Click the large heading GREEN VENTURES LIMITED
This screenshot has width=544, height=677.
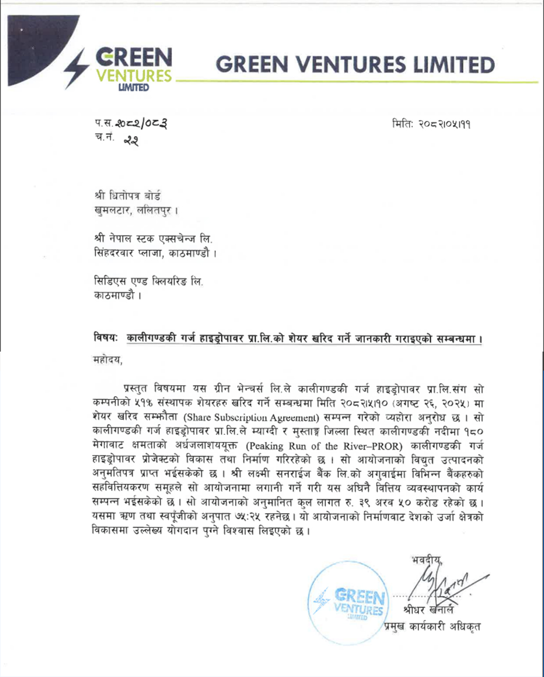(x=355, y=65)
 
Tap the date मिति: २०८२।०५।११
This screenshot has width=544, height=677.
(x=431, y=124)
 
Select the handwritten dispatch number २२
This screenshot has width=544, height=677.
(x=131, y=140)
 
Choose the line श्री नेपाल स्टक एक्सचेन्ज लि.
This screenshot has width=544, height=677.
(x=153, y=238)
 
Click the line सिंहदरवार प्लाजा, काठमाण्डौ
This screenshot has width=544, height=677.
(x=156, y=253)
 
